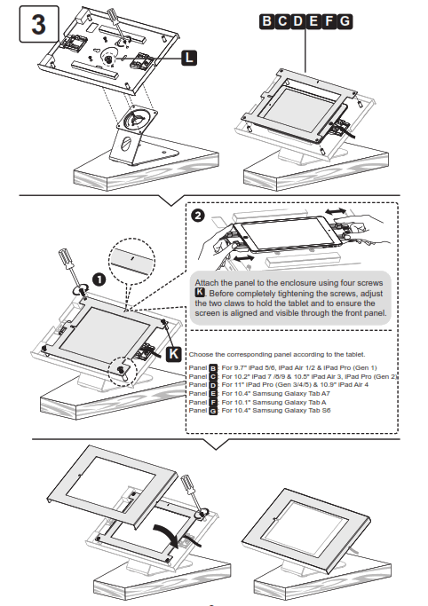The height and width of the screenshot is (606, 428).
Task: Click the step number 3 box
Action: [38, 25]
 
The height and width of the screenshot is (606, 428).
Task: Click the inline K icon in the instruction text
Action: [200, 292]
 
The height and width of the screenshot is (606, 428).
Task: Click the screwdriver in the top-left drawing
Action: [115, 22]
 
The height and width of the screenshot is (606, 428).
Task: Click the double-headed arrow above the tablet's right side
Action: [334, 213]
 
